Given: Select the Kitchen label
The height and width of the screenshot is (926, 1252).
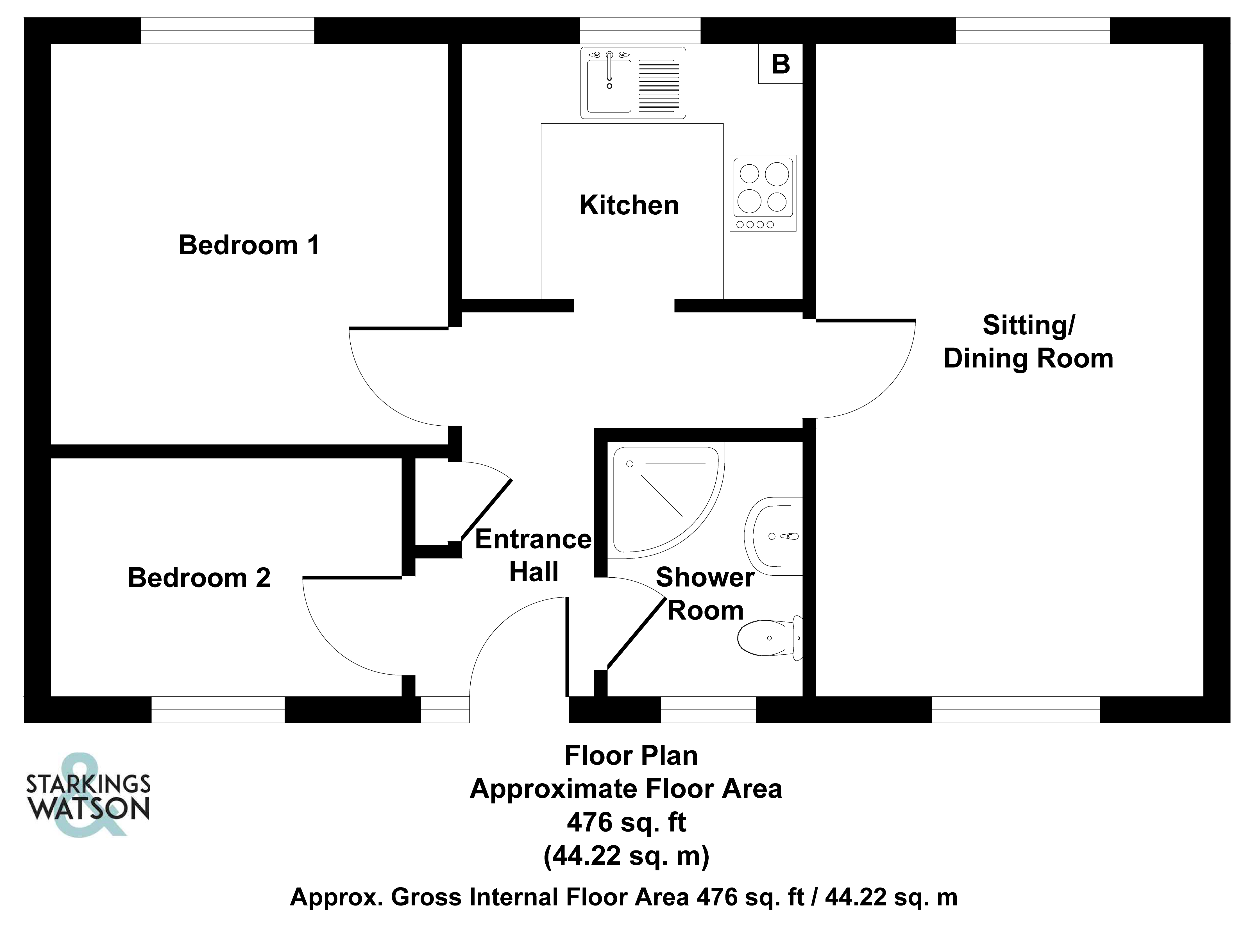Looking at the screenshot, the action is (629, 205).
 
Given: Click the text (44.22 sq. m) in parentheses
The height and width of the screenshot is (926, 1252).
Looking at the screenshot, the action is (627, 856).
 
